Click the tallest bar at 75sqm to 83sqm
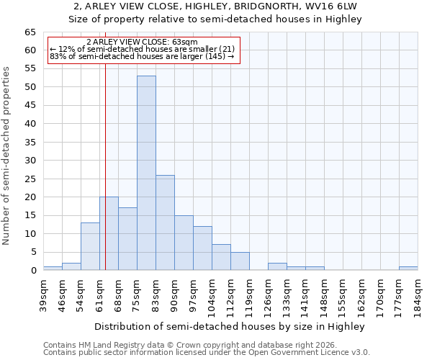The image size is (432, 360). click(146, 173)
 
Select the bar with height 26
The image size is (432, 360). click(165, 222)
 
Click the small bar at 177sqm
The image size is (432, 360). click(408, 269)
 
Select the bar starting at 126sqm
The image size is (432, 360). click(277, 266)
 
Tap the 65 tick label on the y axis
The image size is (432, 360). click(30, 32)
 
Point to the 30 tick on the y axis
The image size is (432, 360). click(30, 161)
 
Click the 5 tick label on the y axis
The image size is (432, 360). click(32, 252)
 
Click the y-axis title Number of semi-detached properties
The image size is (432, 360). click(6, 156)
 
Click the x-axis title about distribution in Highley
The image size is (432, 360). click(230, 326)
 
